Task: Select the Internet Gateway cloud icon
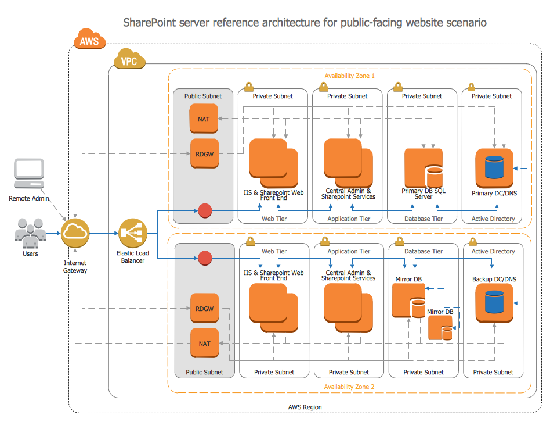pyautogui.click(x=75, y=233)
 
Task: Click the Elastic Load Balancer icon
pyautogui.click(x=133, y=233)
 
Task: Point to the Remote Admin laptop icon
pyautogui.click(x=29, y=174)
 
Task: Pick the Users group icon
pyautogui.click(x=30, y=233)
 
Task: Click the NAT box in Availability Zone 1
pyautogui.click(x=204, y=119)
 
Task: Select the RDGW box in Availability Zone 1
pyautogui.click(x=204, y=153)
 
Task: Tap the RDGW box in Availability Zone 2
pyautogui.click(x=204, y=308)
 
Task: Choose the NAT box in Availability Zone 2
pyautogui.click(x=204, y=344)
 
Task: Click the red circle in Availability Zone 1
pyautogui.click(x=205, y=211)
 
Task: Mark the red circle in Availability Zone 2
pyautogui.click(x=205, y=258)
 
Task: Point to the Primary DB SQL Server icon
pyautogui.click(x=424, y=168)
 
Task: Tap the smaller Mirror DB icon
pyautogui.click(x=440, y=328)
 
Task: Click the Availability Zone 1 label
pyautogui.click(x=349, y=76)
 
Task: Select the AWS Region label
pyautogui.click(x=305, y=407)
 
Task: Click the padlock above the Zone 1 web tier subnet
pyautogui.click(x=249, y=87)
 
